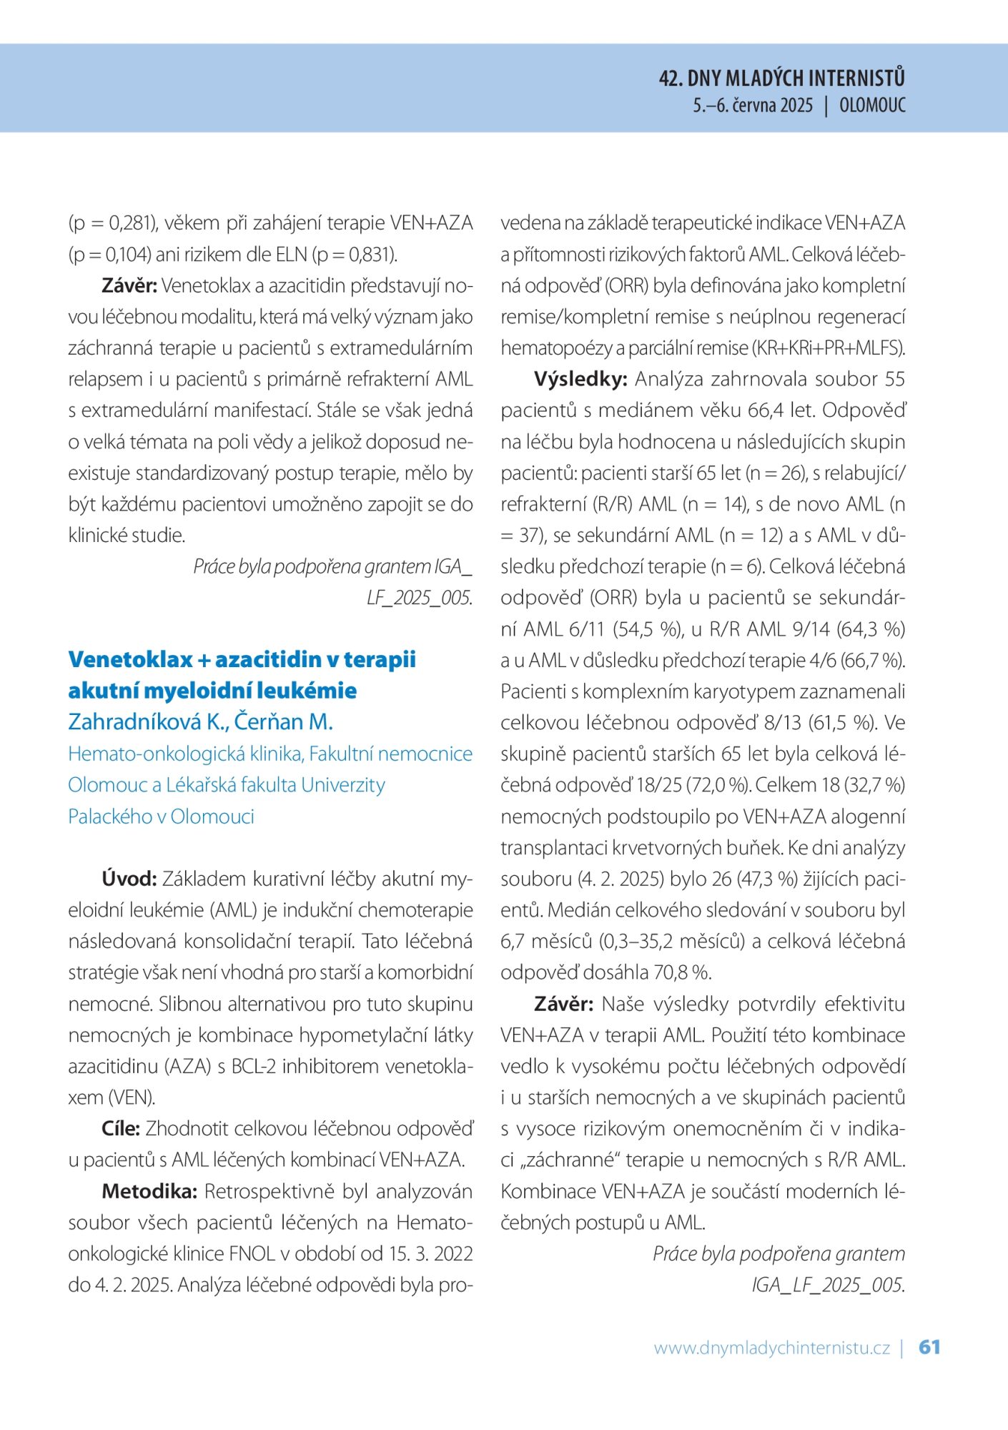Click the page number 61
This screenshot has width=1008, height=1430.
pos(929,1347)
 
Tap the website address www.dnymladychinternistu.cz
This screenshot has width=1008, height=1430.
pos(771,1348)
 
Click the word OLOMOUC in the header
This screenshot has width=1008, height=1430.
pos(872,106)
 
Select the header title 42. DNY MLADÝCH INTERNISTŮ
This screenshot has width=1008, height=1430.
pos(781,78)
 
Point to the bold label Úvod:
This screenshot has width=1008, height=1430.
pos(129,879)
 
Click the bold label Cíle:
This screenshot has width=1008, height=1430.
pos(120,1128)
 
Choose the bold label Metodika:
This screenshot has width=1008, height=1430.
pos(149,1191)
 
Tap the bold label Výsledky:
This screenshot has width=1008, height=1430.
pos(580,379)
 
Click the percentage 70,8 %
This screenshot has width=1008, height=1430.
pos(679,972)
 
